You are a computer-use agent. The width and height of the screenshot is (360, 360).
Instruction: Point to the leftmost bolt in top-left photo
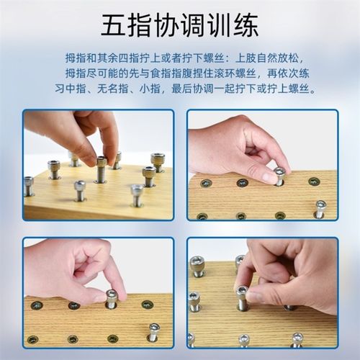pyautogui.click(x=29, y=186)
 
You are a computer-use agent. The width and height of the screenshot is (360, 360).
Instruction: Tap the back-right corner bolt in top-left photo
pyautogui.click(x=158, y=162)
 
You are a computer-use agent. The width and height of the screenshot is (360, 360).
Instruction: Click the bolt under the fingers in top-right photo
pyautogui.click(x=279, y=175)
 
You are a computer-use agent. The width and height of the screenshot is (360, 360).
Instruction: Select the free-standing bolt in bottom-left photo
pyautogui.click(x=153, y=331)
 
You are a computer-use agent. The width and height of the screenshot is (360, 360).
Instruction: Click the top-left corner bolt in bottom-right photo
pyautogui.click(x=197, y=266)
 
